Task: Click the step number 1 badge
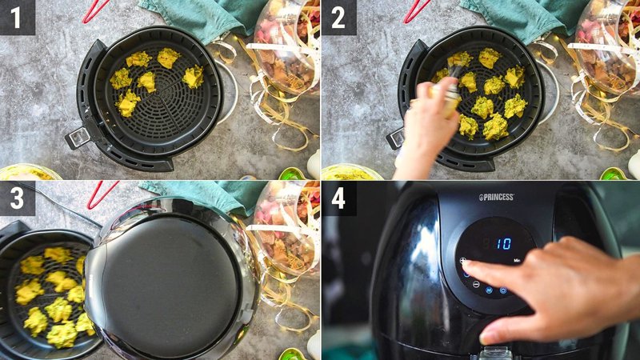pos(18,18)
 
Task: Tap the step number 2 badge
pos(338,18)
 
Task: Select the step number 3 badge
pos(18,198)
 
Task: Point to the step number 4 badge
pos(338,198)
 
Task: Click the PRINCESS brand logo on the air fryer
pos(496,197)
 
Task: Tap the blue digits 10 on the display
pos(503,243)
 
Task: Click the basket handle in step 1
pos(78,138)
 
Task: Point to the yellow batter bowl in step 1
pos(28,172)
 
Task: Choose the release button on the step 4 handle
pos(496,352)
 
